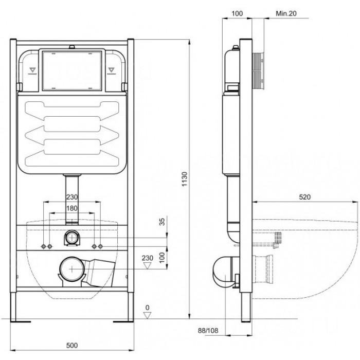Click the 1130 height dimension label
click(185, 179)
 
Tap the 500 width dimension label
click(72, 345)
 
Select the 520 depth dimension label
click(304, 197)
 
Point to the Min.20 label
click(286, 13)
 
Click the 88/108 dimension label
click(208, 331)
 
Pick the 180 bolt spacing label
click(72, 208)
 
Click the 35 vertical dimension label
click(162, 222)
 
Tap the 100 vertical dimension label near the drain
click(162, 257)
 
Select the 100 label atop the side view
click(237, 13)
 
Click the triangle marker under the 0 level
click(147, 315)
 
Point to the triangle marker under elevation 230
click(147, 266)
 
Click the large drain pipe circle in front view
click(72, 269)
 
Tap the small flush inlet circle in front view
click(72, 238)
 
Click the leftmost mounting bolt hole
click(44, 246)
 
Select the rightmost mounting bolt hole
click(100, 246)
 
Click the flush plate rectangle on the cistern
click(72, 70)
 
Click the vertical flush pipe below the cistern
click(72, 200)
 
